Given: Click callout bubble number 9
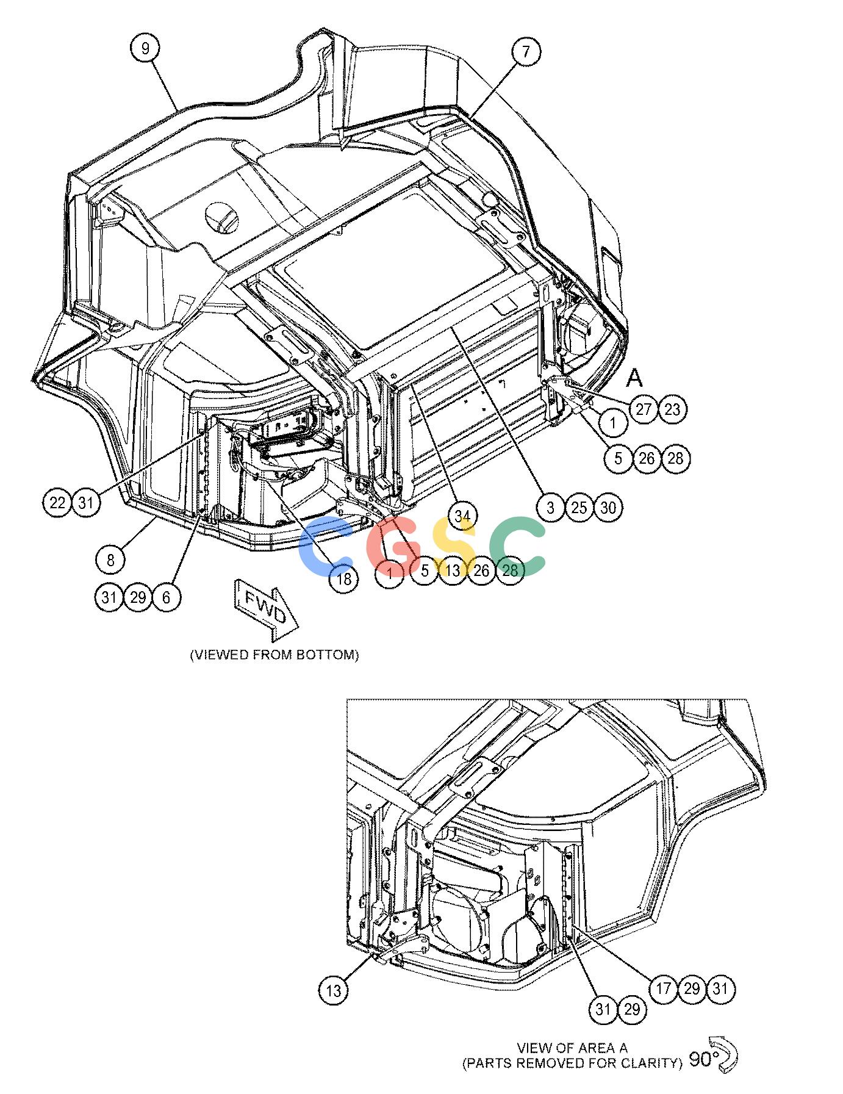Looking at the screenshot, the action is coord(145,48).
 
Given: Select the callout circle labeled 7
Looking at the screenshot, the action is coord(526,51).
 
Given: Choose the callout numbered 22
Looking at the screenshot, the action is coord(57,502).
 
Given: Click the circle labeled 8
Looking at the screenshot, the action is coord(110,559).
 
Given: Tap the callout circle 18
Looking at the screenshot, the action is coord(344,578).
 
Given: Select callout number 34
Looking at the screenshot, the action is coord(462,515).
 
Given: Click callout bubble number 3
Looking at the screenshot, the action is coord(551,507).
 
